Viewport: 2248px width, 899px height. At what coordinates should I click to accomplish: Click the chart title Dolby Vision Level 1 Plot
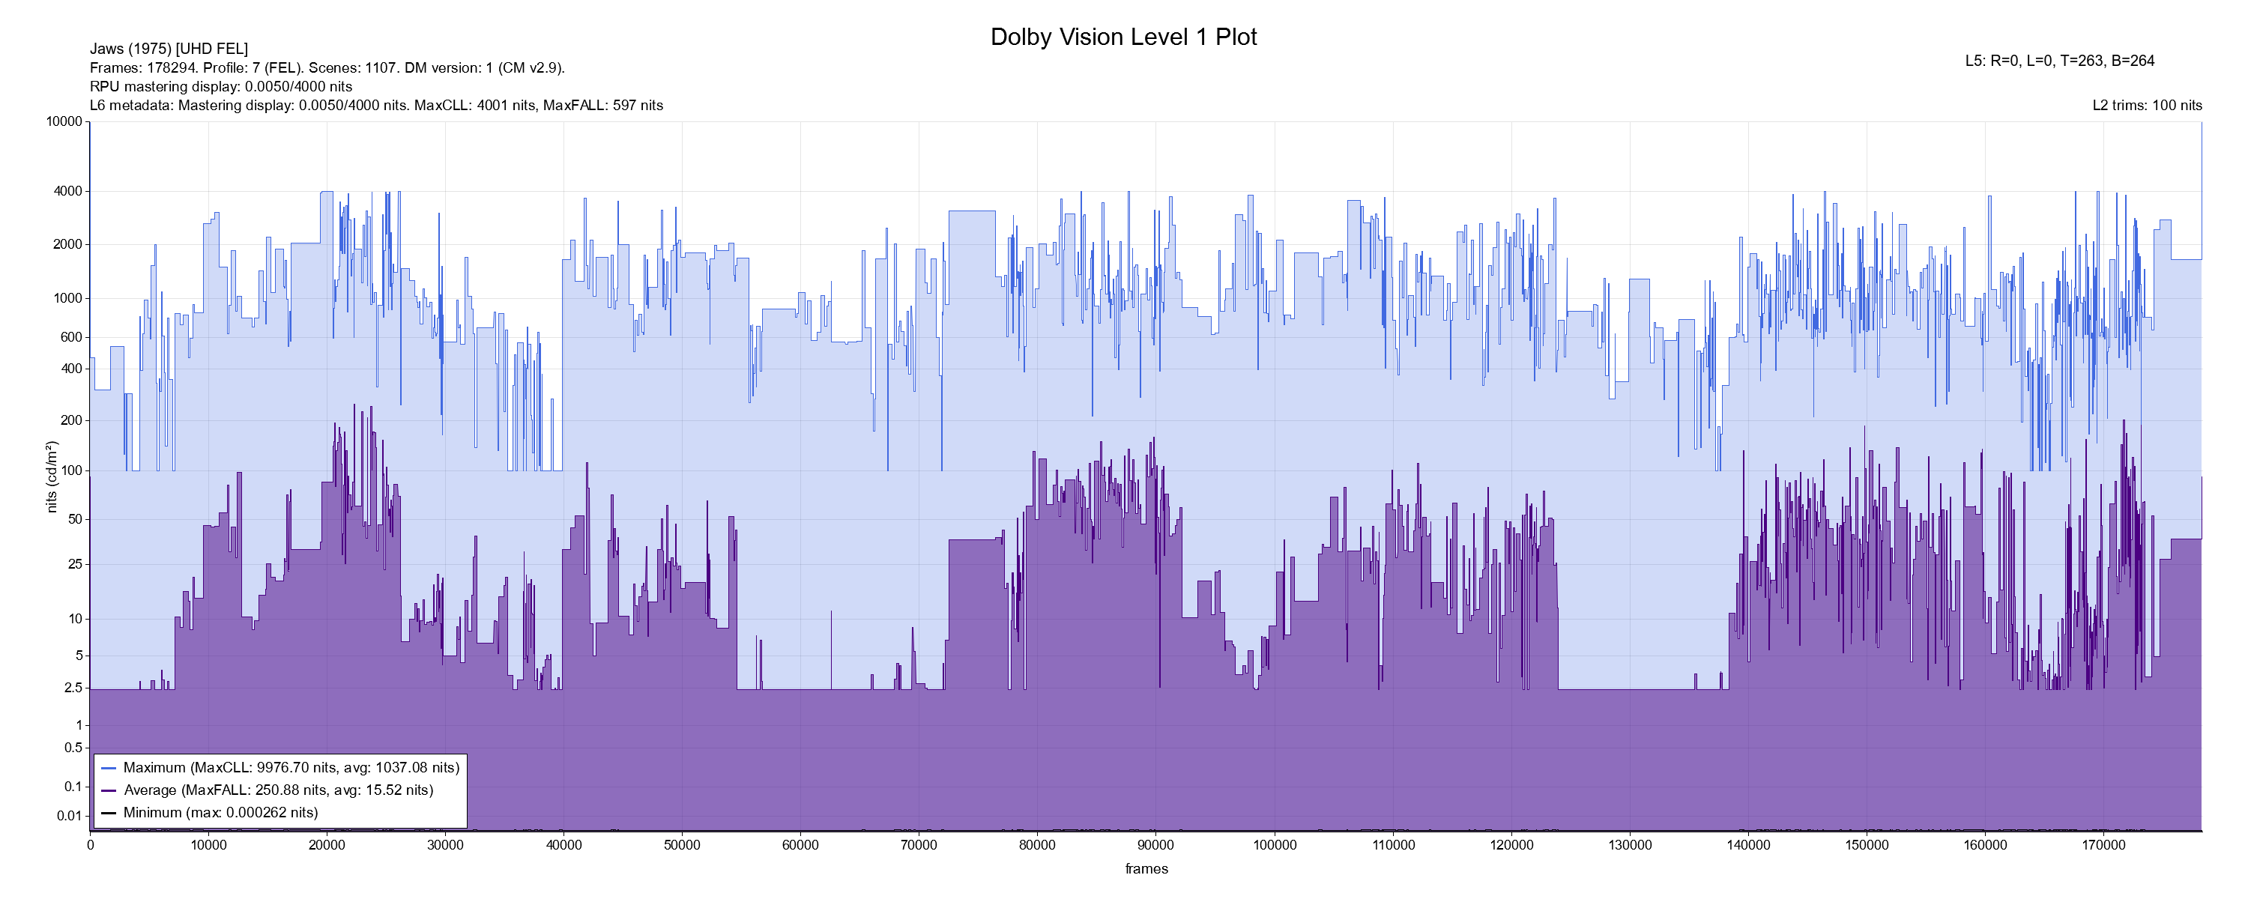pyautogui.click(x=1123, y=37)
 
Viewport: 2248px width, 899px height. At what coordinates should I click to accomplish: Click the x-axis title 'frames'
pyautogui.click(x=1146, y=868)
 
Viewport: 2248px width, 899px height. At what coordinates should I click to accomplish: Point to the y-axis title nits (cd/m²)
pyautogui.click(x=52, y=476)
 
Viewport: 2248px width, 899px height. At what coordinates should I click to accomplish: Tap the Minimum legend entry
pyautogui.click(x=220, y=813)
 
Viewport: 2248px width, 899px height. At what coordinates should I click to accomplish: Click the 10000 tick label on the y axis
pyautogui.click(x=64, y=121)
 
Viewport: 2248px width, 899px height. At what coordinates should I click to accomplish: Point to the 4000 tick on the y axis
pyautogui.click(x=67, y=191)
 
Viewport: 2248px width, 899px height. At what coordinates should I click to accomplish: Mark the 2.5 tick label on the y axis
pyautogui.click(x=73, y=688)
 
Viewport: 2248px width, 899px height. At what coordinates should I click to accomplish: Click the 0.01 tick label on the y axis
pyautogui.click(x=69, y=816)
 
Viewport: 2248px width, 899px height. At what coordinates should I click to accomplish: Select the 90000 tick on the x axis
pyautogui.click(x=1155, y=845)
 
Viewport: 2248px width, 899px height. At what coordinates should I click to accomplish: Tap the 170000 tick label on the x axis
pyautogui.click(x=2103, y=845)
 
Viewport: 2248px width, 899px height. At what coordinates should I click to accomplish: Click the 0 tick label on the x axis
pyautogui.click(x=90, y=845)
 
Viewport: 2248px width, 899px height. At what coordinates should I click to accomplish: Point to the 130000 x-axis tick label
pyautogui.click(x=1629, y=845)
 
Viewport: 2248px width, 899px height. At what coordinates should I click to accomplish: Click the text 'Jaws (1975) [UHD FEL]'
pyautogui.click(x=169, y=49)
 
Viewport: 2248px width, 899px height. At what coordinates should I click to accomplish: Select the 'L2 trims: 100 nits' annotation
pyautogui.click(x=2147, y=106)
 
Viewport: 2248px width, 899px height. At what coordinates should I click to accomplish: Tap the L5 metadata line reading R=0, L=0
pyautogui.click(x=2059, y=61)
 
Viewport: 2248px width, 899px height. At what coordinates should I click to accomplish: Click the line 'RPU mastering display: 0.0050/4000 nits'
pyautogui.click(x=221, y=86)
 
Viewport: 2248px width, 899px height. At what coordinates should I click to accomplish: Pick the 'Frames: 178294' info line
pyautogui.click(x=327, y=67)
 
